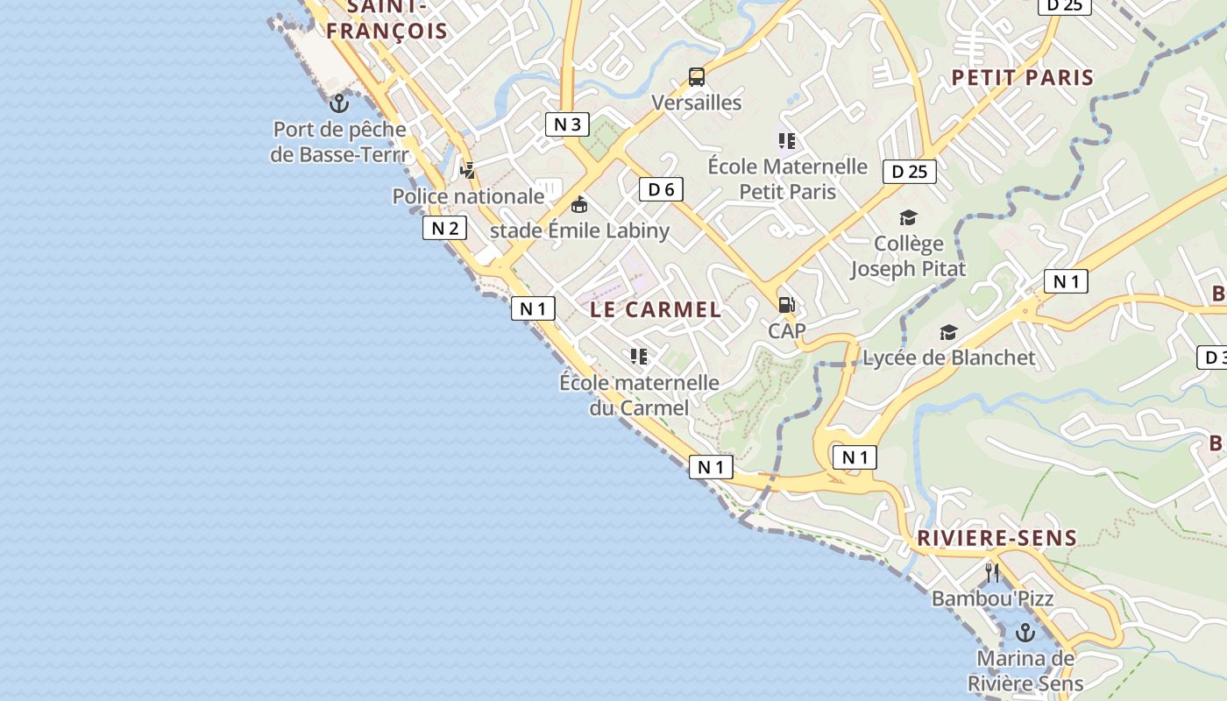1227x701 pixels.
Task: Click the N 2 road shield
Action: [x=444, y=229]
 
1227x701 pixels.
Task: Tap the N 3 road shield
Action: [x=567, y=124]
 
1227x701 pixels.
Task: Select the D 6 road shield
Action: [x=661, y=188]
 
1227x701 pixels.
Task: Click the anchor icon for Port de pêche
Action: [x=338, y=104]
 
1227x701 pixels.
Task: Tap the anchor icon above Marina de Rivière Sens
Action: [x=1025, y=632]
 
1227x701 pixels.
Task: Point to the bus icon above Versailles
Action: [x=697, y=77]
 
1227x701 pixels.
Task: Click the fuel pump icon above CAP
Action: [x=786, y=305]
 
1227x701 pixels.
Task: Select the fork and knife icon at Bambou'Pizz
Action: [x=992, y=573]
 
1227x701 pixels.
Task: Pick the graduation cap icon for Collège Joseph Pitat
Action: [x=908, y=217]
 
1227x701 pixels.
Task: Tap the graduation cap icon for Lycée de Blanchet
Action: [x=948, y=332]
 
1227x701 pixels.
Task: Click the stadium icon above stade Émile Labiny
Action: [x=578, y=206]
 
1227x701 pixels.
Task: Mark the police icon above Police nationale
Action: [x=469, y=170]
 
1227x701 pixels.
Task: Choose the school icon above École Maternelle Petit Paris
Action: [x=786, y=140]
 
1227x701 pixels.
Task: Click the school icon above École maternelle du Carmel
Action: [x=639, y=356]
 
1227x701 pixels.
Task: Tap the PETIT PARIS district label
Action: [x=1023, y=77]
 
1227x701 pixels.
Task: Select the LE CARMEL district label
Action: [x=656, y=309]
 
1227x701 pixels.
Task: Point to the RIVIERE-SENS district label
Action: [x=996, y=538]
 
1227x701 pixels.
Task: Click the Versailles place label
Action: [x=696, y=103]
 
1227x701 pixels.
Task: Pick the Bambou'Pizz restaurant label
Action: [x=992, y=598]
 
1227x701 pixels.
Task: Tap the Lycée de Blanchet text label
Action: [x=949, y=358]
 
